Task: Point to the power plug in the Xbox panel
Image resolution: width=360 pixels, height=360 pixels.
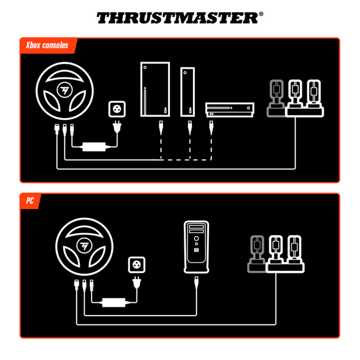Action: [118, 128]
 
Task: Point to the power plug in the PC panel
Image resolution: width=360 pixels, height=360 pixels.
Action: [138, 283]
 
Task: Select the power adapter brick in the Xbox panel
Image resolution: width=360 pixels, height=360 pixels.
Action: [94, 147]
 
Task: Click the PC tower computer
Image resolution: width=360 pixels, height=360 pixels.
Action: [197, 247]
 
